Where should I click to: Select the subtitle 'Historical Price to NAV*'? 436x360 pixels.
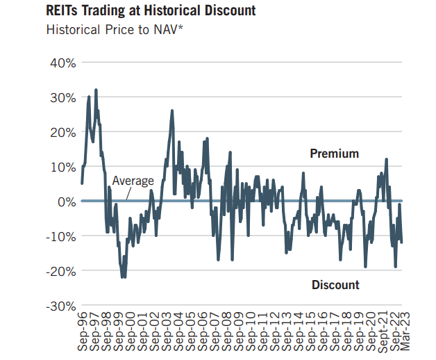110,30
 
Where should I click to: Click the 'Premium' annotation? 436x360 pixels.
334,154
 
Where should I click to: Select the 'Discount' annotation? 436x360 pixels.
335,285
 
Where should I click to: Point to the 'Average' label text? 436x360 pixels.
133,181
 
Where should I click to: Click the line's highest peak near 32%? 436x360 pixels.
96,90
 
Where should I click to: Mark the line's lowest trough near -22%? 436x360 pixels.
124,277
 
